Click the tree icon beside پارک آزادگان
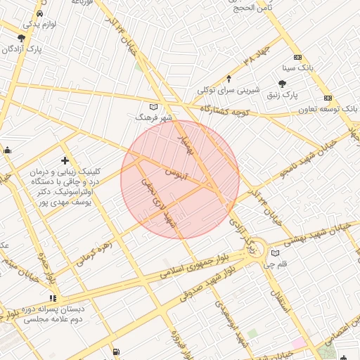pyautogui.click(x=21, y=39)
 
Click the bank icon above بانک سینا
pyautogui.click(x=298, y=58)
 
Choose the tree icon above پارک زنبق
pyautogui.click(x=282, y=83)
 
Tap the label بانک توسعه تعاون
pyautogui.click(x=328, y=109)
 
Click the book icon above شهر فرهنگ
pyautogui.click(x=154, y=107)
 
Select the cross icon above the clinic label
pyautogui.click(x=65, y=161)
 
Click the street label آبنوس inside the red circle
pyautogui.click(x=176, y=172)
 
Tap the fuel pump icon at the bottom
pyautogui.click(x=116, y=352)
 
